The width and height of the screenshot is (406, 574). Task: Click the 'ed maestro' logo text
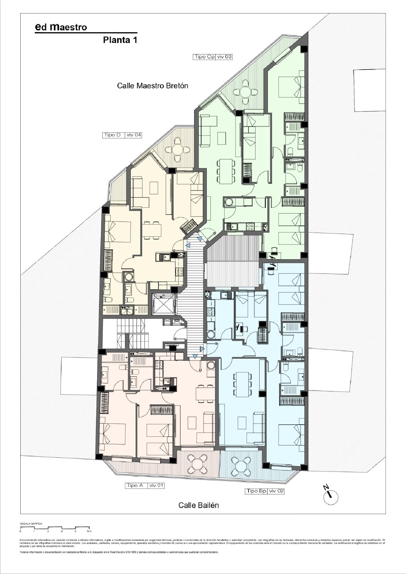pos(61,27)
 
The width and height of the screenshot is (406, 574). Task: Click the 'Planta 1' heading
pos(120,40)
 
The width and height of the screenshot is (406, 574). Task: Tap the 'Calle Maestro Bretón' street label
pos(152,86)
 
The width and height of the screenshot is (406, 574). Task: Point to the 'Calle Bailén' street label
pos(198,505)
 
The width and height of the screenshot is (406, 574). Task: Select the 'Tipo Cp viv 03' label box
pos(212,57)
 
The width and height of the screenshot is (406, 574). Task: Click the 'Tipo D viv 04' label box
pos(122,135)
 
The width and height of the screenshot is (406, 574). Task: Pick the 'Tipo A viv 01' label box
pos(145,485)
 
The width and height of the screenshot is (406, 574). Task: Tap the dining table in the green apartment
pos(226,171)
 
